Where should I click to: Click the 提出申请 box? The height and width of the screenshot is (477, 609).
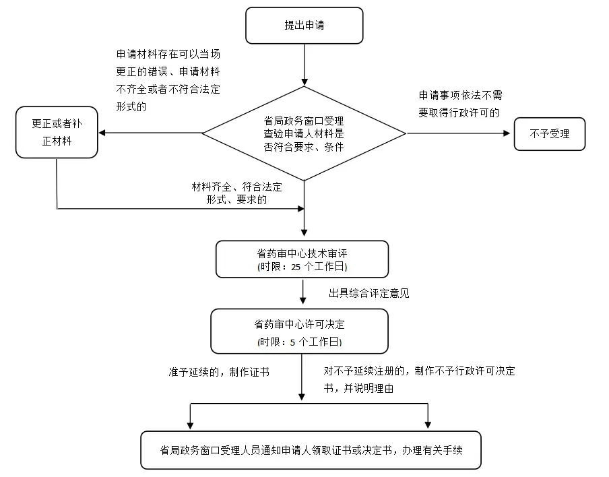pyautogui.click(x=304, y=26)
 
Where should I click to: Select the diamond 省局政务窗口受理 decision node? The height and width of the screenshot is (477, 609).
pyautogui.click(x=304, y=133)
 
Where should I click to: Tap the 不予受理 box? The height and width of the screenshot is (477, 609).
pyautogui.click(x=549, y=133)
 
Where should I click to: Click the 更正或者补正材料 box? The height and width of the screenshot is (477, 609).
pyautogui.click(x=57, y=133)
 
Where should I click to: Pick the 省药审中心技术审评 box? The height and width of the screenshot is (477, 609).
pyautogui.click(x=302, y=259)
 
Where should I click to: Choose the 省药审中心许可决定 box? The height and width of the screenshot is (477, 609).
pyautogui.click(x=300, y=331)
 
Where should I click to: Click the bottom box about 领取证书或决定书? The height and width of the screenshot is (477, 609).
pyautogui.click(x=311, y=450)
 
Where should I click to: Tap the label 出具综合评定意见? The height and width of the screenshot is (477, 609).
pyautogui.click(x=368, y=293)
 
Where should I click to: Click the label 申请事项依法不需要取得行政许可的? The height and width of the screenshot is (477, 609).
pyautogui.click(x=459, y=104)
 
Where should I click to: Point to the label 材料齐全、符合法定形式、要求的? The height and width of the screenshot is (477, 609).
pyautogui.click(x=236, y=193)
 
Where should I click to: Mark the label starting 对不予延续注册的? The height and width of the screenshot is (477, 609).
pyautogui.click(x=419, y=380)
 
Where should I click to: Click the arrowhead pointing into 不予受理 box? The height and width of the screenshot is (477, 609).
pyautogui.click(x=508, y=133)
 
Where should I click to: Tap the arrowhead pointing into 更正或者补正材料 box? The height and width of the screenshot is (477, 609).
pyautogui.click(x=102, y=133)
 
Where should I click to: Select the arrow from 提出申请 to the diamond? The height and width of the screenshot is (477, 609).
pyautogui.click(x=304, y=64)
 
